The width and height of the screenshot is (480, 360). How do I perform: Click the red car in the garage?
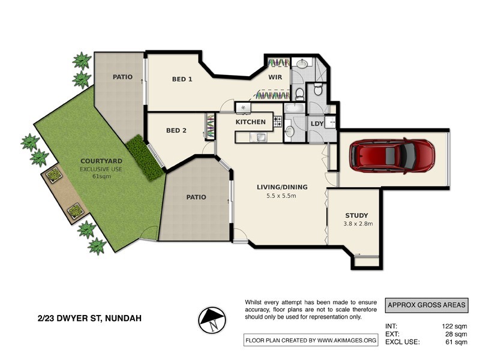(x=392, y=156)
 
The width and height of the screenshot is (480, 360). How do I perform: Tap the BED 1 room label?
(x=182, y=79)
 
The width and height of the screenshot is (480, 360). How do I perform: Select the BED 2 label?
(x=176, y=130)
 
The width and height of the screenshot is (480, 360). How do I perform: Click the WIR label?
(x=275, y=77)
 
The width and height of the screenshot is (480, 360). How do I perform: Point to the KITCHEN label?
(x=250, y=122)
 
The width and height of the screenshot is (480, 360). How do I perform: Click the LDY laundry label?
(x=317, y=124)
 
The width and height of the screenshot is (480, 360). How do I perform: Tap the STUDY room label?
(x=356, y=215)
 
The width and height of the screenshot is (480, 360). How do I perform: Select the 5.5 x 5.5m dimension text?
(x=281, y=196)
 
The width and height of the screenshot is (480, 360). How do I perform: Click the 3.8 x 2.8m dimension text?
(x=358, y=223)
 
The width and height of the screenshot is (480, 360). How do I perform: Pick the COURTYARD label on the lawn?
(x=101, y=161)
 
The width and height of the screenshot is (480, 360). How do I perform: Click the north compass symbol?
(x=212, y=320)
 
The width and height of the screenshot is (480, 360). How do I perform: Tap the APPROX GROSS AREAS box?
(x=427, y=305)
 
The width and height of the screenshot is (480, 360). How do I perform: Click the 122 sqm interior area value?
(x=454, y=326)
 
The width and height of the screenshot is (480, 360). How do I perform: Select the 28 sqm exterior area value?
(x=456, y=334)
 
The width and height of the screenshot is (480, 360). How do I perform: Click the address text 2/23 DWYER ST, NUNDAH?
(x=89, y=319)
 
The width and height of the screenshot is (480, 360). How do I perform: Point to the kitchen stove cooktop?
(x=278, y=122)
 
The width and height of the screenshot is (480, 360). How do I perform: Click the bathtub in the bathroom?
(x=294, y=108)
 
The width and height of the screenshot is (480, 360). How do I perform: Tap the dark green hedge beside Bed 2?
(x=145, y=158)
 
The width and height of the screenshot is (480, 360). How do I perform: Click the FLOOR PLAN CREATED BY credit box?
(x=311, y=340)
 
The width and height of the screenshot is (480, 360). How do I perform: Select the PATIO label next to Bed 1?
(x=122, y=77)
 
